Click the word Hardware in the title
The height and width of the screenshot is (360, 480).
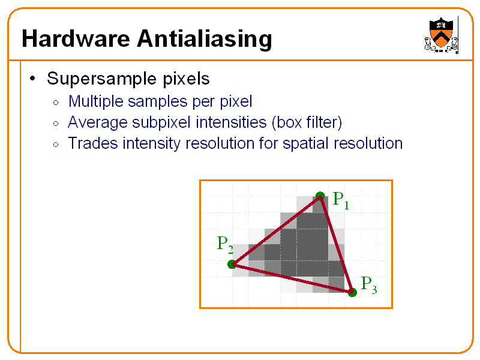tap(76, 38)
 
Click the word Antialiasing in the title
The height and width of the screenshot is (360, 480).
tap(205, 39)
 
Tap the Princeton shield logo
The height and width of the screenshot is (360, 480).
tap(441, 35)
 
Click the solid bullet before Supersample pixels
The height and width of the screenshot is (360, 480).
tap(32, 79)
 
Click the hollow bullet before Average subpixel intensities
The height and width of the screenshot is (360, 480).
tap(56, 124)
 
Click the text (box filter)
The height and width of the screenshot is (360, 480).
tap(307, 122)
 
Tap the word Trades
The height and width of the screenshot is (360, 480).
tap(93, 143)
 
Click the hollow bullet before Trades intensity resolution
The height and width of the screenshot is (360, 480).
tap(56, 145)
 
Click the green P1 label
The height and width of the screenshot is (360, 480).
tap(341, 200)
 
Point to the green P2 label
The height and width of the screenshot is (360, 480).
tap(225, 245)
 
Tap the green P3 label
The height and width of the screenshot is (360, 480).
tap(369, 285)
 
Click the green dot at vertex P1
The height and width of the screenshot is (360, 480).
tap(320, 196)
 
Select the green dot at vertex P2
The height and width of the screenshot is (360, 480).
tap(232, 264)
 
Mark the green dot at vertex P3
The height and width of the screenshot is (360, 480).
tap(352, 292)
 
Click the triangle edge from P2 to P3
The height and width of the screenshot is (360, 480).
tap(292, 278)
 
